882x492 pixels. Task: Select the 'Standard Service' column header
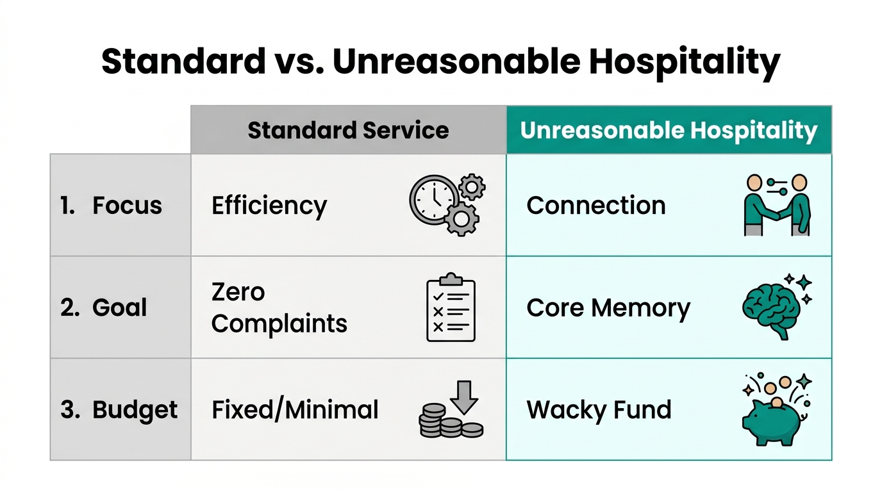click(x=348, y=130)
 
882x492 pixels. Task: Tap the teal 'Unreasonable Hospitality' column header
click(x=669, y=130)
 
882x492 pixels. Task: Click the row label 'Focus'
click(x=127, y=206)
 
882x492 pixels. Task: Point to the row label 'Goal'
click(x=119, y=307)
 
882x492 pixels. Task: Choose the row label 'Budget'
click(x=135, y=410)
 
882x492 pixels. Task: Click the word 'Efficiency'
click(x=269, y=206)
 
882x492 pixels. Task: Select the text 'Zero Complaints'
click(x=279, y=308)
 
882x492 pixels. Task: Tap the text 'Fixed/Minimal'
click(x=295, y=410)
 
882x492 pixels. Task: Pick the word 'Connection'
click(x=596, y=206)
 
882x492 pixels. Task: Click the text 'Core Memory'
click(x=608, y=308)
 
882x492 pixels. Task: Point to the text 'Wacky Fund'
click(x=599, y=410)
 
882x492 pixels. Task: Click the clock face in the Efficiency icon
click(x=433, y=199)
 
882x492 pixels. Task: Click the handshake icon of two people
click(x=776, y=205)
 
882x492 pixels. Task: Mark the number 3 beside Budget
click(x=68, y=410)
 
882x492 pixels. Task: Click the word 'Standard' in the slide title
click(x=183, y=62)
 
